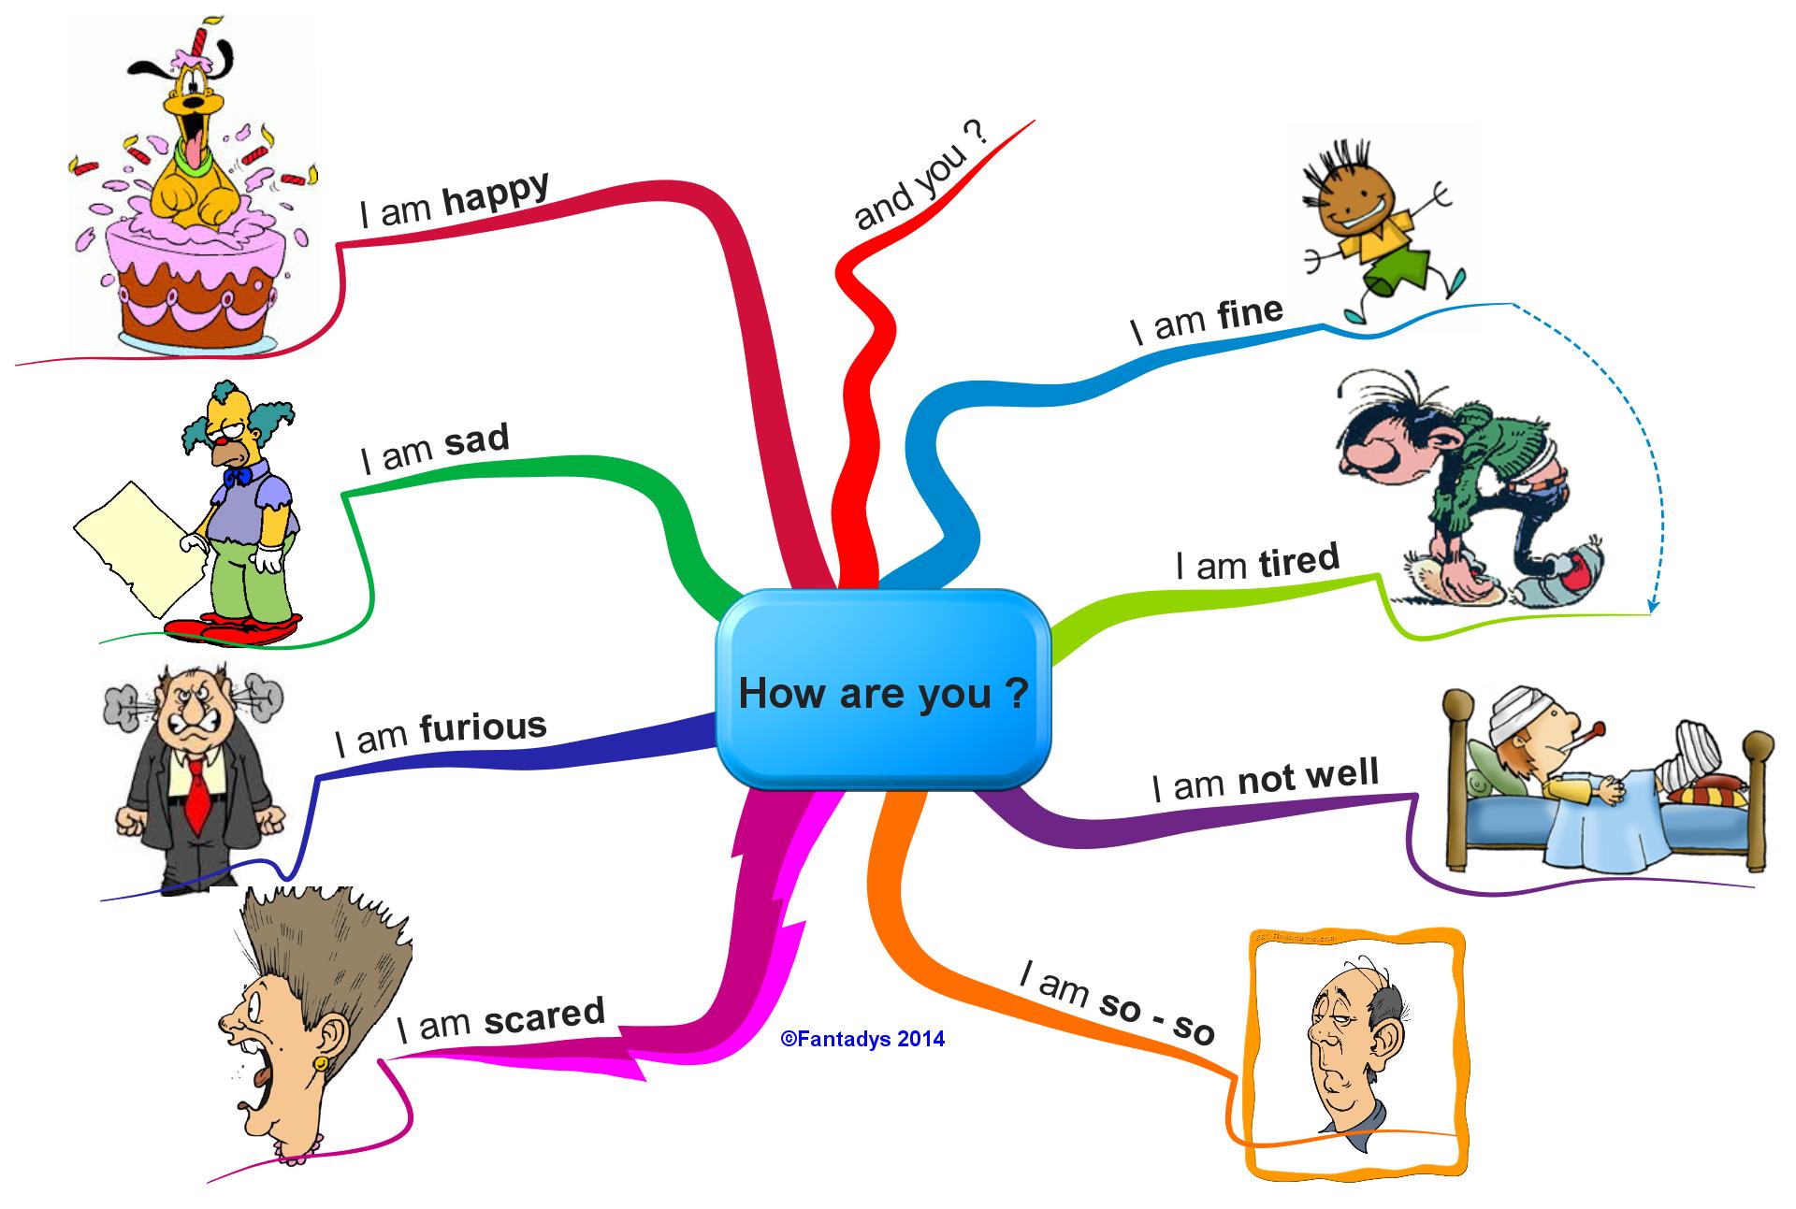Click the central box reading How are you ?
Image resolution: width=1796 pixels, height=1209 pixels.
(883, 692)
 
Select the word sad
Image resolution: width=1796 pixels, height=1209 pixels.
(476, 439)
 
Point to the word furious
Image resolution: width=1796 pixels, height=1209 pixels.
(483, 727)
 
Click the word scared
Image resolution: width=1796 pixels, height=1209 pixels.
(544, 1016)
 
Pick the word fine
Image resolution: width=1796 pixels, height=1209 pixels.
(1250, 313)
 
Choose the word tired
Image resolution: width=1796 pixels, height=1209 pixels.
(1298, 560)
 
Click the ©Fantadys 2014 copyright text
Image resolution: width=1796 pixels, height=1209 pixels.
(862, 1039)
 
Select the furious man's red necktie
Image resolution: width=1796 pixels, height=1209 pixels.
(196, 795)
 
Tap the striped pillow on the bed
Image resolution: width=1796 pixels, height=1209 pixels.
(1706, 795)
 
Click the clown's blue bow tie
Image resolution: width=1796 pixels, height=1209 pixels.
(236, 476)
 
